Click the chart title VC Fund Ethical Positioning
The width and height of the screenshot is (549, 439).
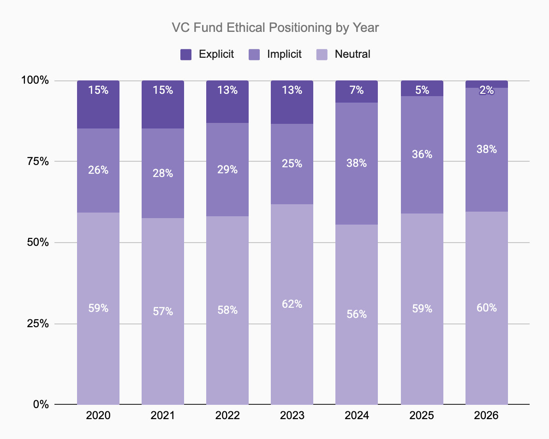coord(251,28)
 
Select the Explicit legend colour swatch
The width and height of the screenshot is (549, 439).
coord(186,55)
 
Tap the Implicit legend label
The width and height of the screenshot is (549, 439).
coord(284,54)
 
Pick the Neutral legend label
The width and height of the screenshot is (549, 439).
coord(352,54)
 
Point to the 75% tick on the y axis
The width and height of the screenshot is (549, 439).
coord(38,161)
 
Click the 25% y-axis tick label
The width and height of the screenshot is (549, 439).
coord(38,323)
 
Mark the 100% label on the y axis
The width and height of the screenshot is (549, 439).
coord(35,80)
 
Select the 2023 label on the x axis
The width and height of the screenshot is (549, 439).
coord(292,415)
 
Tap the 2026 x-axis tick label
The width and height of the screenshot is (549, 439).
coord(486,415)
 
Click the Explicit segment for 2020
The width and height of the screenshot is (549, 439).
coord(98,104)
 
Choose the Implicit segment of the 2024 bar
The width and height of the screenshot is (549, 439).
coord(357,164)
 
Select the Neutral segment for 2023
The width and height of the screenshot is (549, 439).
coord(292,305)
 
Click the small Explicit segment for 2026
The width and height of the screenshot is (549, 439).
coord(487,84)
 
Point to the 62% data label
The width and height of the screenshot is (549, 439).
coord(292,304)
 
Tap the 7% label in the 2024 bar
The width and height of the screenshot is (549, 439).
coord(357,90)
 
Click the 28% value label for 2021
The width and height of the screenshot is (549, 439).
coord(163,173)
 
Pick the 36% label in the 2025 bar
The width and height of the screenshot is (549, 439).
coord(422,154)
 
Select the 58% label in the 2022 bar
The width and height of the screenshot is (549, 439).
coord(227,310)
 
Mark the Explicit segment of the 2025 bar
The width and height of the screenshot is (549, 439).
coord(422,88)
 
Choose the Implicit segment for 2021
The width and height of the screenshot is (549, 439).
coord(163,173)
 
